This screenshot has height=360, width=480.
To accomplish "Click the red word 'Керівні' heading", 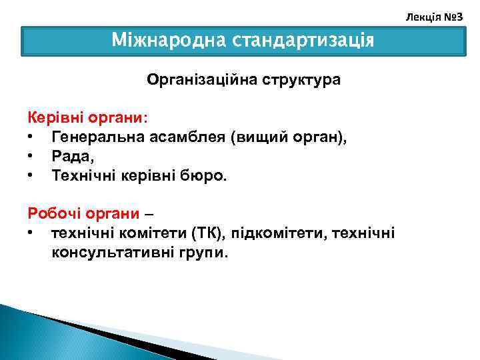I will click(x=51, y=117).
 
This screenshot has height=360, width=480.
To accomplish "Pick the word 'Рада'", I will click(x=69, y=156).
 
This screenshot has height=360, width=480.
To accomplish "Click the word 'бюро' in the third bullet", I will click(x=205, y=176).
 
